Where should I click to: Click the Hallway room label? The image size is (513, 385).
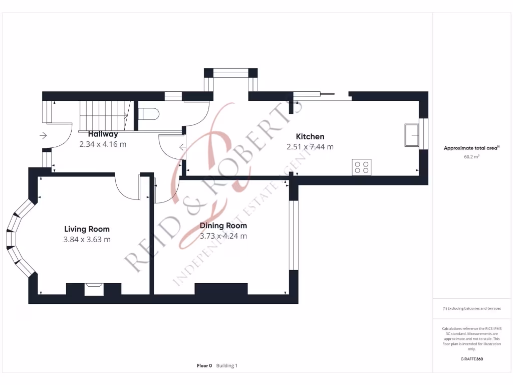103,134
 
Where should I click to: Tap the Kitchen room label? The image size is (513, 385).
310,136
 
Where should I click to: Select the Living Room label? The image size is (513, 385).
87,229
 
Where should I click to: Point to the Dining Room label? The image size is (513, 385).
223,226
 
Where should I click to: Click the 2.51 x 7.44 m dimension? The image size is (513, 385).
310,147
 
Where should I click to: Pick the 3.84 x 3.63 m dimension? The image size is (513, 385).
87,240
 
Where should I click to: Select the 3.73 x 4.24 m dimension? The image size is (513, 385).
223,236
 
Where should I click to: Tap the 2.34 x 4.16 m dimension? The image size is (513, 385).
103,144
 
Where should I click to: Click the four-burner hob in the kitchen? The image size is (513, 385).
361,166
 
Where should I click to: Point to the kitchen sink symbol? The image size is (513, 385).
412,134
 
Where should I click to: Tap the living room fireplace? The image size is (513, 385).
94,289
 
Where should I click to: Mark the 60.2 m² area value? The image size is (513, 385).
471,156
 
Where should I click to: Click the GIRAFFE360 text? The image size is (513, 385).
471,359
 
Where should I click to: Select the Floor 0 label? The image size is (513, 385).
204,366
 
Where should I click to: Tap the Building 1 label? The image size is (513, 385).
227,366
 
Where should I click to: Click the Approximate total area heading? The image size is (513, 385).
471,148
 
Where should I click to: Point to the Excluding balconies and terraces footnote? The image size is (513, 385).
471,308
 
